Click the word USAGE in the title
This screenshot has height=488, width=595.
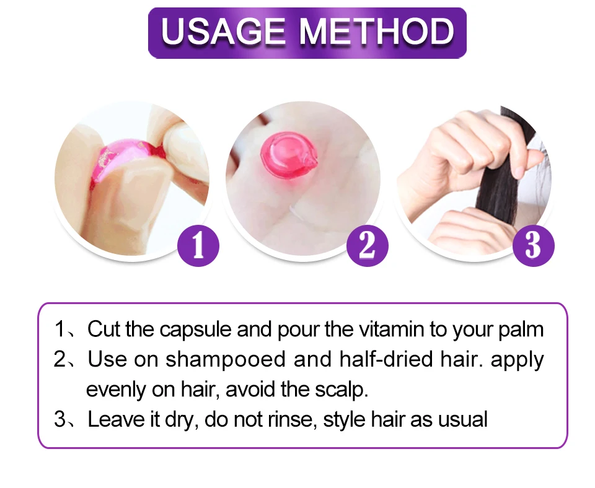223,31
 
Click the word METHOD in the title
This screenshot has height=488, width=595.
377,31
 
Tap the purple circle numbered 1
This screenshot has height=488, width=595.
198,246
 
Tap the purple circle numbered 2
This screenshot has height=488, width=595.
368,246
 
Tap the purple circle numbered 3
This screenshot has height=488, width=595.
533,246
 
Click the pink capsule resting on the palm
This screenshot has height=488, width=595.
289,155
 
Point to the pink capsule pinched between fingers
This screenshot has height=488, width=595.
125,159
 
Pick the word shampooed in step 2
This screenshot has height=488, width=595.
225,360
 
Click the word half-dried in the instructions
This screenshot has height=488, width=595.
386,359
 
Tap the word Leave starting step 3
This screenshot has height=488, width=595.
118,419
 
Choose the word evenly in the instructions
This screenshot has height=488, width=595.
116,390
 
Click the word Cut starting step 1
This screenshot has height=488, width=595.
104,329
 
